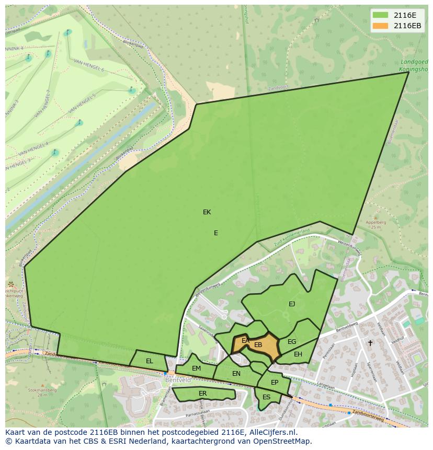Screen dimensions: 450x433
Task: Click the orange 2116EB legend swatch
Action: tap(380, 26)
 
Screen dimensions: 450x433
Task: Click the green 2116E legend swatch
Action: tap(380, 15)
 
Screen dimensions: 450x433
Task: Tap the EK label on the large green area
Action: tap(207, 212)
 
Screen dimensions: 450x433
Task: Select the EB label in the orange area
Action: tap(258, 345)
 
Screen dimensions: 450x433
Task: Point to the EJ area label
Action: tap(292, 304)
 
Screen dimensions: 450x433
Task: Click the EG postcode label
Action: tap(292, 342)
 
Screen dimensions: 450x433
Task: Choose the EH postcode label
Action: tap(298, 354)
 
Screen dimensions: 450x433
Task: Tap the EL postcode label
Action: tap(150, 361)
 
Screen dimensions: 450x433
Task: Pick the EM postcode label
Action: tap(196, 368)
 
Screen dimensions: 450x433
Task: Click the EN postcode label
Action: tap(236, 374)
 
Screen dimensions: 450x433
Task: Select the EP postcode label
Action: tap(275, 383)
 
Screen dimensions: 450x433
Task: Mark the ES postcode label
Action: tap(266, 397)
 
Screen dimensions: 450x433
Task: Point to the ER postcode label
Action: tap(202, 394)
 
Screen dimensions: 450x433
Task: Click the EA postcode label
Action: tap(245, 341)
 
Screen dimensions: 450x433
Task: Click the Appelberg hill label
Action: tap(375, 222)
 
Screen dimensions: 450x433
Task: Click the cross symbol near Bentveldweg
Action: tap(370, 343)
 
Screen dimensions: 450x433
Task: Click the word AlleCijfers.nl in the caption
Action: tap(271, 433)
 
